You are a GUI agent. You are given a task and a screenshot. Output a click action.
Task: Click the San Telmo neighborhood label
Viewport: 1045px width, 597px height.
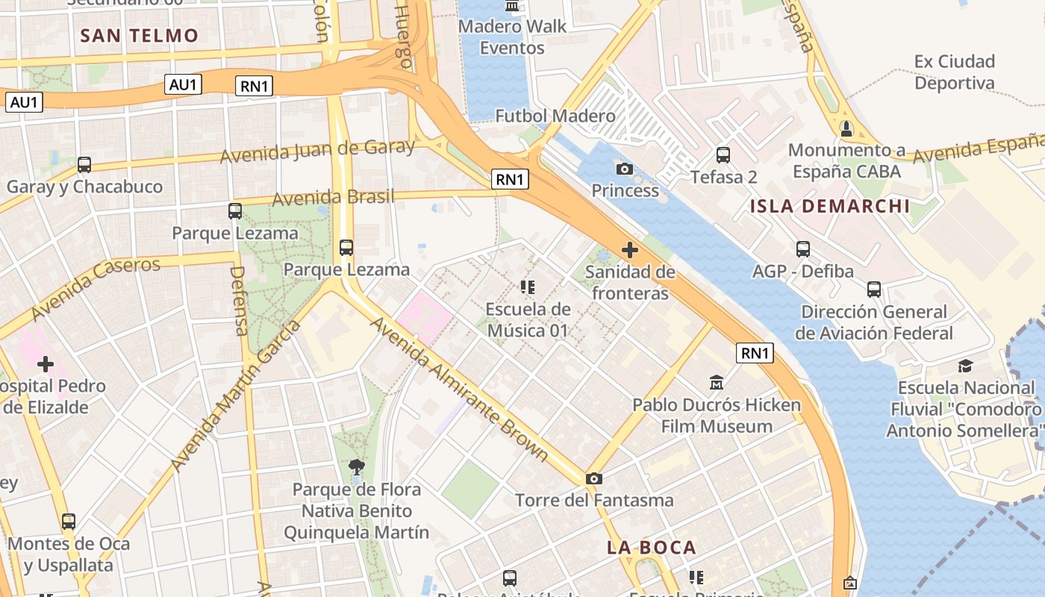[139, 35]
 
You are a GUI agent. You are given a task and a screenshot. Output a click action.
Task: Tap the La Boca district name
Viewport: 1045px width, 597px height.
[651, 547]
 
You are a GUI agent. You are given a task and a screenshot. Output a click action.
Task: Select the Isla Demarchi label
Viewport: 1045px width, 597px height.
[830, 206]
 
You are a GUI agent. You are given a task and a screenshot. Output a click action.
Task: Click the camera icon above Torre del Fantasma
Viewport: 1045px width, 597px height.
[594, 478]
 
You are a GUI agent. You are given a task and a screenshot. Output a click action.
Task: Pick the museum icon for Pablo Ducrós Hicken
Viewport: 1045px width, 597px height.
[717, 383]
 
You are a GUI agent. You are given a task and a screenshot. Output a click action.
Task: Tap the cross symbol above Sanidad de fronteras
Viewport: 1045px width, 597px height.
[630, 249]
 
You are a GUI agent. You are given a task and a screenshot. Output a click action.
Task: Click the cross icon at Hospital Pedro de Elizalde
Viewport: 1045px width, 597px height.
[46, 364]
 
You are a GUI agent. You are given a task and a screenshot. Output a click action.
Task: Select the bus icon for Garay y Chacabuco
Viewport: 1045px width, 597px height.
[84, 165]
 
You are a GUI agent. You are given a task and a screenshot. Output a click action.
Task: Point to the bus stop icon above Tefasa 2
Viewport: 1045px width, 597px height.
[723, 155]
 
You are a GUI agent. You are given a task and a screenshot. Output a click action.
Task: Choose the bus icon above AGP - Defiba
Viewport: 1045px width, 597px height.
[803, 249]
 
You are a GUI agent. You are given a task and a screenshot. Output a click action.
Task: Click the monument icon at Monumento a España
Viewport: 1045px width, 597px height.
[846, 129]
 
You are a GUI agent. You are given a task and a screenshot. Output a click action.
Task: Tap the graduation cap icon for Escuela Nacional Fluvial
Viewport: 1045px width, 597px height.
[965, 366]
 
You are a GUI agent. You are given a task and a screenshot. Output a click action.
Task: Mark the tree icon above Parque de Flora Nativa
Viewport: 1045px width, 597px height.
[357, 468]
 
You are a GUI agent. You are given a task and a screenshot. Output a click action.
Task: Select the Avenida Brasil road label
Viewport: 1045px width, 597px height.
[333, 198]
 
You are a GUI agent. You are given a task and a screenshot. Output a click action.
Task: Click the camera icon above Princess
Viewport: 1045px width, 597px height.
[625, 169]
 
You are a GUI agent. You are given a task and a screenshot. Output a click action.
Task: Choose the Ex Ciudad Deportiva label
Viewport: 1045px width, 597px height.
[955, 72]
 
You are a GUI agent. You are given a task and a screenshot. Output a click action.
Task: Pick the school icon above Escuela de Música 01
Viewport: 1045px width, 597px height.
[528, 287]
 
